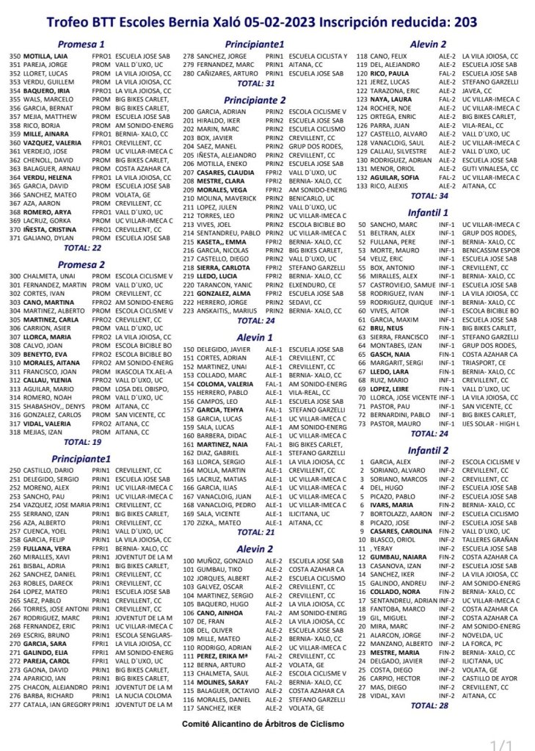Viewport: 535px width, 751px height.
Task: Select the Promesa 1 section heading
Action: pos(81,44)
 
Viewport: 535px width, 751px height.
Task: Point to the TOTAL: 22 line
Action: pos(82,249)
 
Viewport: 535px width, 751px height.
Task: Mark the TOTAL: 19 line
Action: pos(82,442)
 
